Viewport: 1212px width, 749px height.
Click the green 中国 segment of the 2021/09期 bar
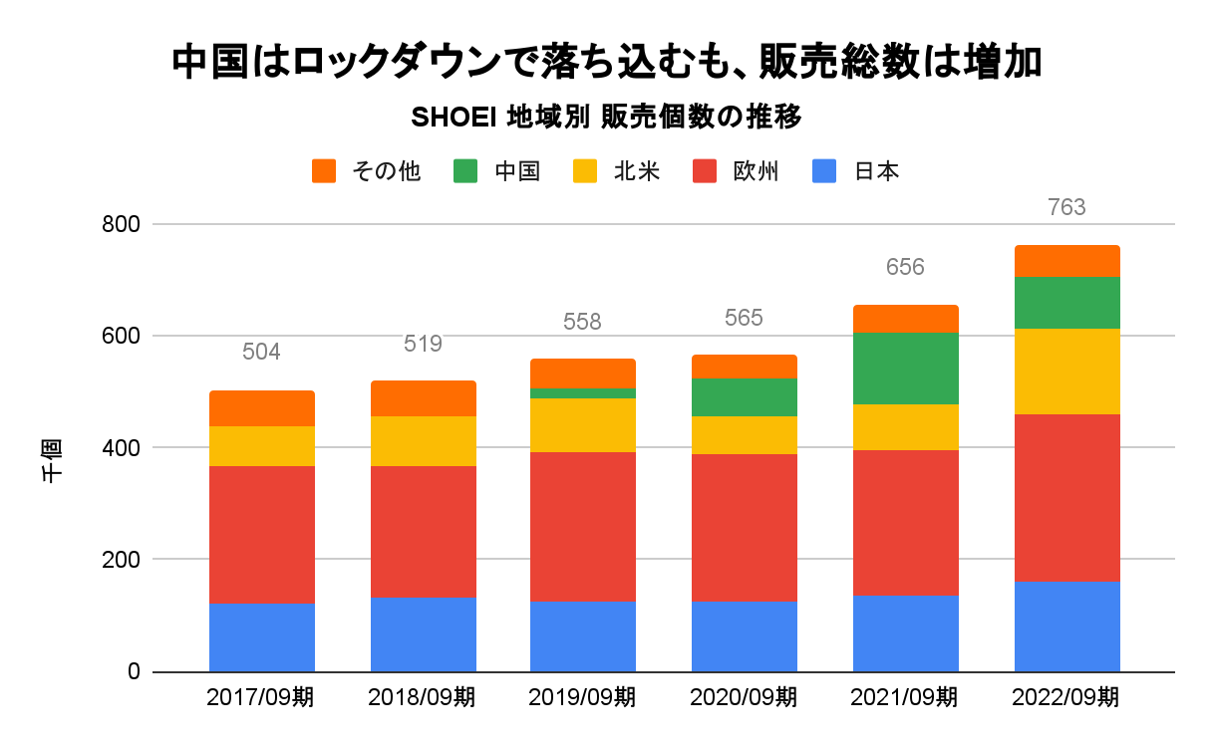coord(906,369)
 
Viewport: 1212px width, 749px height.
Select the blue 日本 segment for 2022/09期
coord(1067,625)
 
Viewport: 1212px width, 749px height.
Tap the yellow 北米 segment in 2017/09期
coord(262,446)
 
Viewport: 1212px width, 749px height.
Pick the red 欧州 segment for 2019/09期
coord(583,526)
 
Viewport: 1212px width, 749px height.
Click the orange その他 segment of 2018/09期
coord(424,398)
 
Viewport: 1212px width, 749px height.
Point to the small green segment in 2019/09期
coord(583,392)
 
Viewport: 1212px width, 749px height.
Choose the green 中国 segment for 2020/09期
coord(745,397)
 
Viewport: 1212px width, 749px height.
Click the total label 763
coord(1066,208)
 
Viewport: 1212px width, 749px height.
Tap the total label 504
coord(261,353)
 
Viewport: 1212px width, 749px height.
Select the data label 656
coord(905,267)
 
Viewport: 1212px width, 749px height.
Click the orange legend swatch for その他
coord(324,171)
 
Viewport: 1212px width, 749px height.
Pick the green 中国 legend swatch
coord(465,171)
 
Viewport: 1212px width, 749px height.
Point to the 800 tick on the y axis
coord(122,225)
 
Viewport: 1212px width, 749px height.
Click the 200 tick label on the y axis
coord(122,560)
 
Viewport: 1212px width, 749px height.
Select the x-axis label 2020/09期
coord(744,697)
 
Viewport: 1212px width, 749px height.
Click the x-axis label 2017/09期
coord(261,697)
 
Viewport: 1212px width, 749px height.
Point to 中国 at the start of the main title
coord(204,62)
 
